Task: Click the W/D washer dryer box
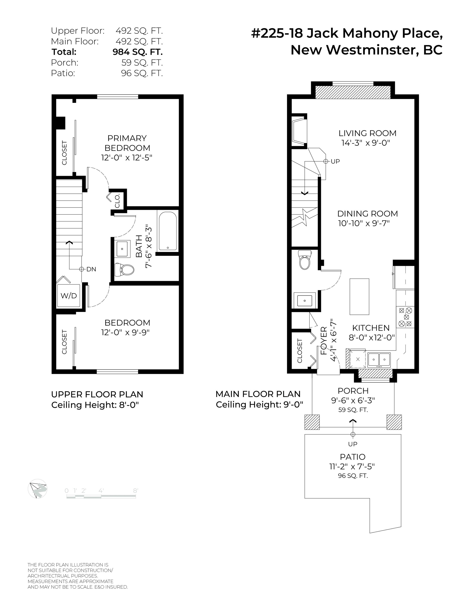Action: coord(69,296)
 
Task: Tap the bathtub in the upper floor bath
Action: coord(167,231)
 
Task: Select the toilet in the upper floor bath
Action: coord(124,270)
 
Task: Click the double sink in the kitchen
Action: coord(379,360)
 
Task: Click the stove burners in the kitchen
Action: coord(405,317)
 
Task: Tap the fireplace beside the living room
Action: coord(299,131)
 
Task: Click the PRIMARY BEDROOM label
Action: coord(127,143)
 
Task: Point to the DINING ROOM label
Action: coord(368,214)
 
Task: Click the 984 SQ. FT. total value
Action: coord(138,52)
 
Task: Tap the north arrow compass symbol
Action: coord(37,488)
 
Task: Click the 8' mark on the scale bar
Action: coord(135,491)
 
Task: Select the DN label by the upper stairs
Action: coord(91,269)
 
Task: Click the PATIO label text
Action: coord(353,457)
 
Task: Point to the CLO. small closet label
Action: coord(117,201)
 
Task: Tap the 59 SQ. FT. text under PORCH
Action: coord(353,410)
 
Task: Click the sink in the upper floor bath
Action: coord(122,249)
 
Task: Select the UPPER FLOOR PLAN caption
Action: coord(97,394)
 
